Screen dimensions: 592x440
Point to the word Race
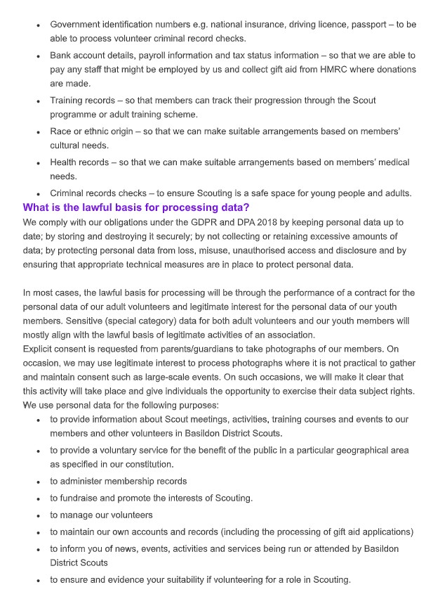point(61,131)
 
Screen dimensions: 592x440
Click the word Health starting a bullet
point(65,162)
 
